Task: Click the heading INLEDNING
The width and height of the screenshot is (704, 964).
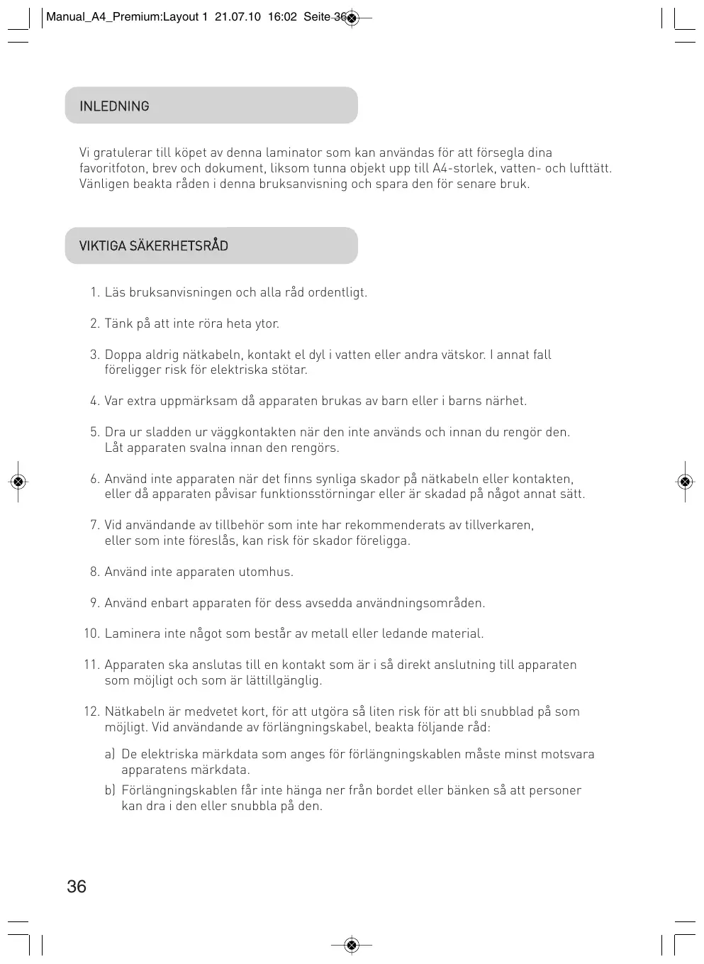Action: [x=114, y=106]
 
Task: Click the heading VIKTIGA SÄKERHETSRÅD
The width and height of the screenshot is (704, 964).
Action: [x=154, y=246]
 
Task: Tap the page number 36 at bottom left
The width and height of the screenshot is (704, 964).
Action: [x=77, y=886]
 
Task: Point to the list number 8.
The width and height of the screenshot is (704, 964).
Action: [x=94, y=572]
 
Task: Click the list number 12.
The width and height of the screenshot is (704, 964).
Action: [x=91, y=711]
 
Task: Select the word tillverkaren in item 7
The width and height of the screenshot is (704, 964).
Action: [x=499, y=525]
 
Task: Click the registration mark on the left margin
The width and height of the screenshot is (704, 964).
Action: [x=18, y=482]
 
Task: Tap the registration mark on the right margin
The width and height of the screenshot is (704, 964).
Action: [x=685, y=482]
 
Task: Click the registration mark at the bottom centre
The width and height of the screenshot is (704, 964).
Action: [x=352, y=945]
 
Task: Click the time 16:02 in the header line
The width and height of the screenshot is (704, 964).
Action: [x=282, y=17]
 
